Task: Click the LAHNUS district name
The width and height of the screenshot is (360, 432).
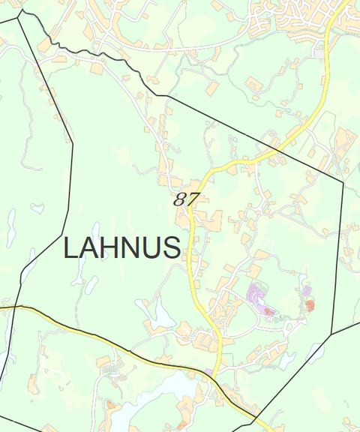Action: [121, 247]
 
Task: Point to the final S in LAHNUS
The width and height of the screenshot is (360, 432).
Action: [172, 247]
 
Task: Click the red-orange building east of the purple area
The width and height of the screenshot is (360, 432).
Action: [310, 304]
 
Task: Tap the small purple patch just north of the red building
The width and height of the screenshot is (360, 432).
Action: [306, 288]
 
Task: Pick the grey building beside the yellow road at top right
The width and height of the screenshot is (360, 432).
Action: [320, 54]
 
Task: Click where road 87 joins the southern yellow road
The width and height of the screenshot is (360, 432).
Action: [215, 375]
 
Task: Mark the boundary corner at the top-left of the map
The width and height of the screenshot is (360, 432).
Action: [18, 12]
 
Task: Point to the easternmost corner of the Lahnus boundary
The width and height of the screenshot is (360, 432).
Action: [343, 181]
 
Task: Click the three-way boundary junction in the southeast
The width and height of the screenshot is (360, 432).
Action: [332, 334]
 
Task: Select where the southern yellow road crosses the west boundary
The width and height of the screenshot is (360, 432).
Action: [13, 307]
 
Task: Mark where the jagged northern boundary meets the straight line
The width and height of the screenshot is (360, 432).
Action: [166, 96]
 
